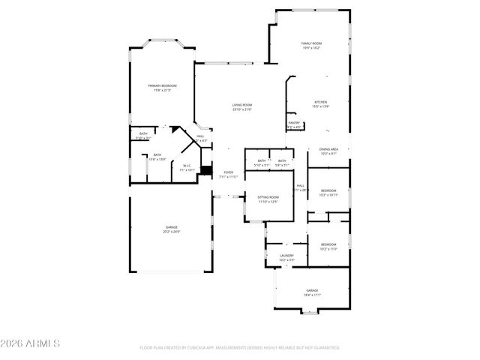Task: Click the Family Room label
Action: [310, 46]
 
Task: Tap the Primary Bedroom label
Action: [162, 88]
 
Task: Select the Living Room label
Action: [241, 107]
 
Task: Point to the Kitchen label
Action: [320, 103]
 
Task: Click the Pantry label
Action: [294, 125]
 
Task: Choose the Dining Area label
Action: [328, 151]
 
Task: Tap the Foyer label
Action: [228, 175]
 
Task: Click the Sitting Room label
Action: [268, 199]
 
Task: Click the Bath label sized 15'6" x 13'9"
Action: [157, 157]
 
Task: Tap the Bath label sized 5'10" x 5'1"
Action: [262, 163]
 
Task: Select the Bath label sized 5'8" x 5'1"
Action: [282, 163]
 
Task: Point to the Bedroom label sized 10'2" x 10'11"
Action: [328, 192]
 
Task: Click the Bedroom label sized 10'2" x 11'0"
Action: [328, 247]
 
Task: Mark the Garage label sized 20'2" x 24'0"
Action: [172, 229]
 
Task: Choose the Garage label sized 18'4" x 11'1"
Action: [312, 292]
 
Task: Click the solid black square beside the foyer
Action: [207, 172]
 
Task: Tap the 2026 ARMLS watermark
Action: [31, 344]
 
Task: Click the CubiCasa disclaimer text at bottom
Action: [240, 348]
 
